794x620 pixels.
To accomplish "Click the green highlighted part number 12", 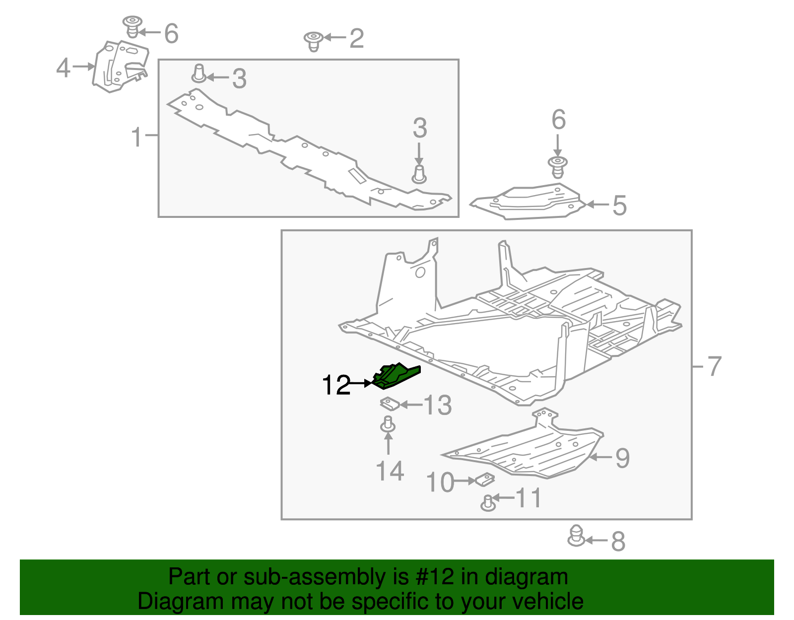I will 396,376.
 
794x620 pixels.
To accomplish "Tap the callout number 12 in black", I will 336,385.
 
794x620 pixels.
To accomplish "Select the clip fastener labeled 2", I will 313,41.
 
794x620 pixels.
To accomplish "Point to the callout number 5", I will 619,205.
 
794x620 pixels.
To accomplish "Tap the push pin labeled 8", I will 576,536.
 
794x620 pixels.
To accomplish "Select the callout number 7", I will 714,366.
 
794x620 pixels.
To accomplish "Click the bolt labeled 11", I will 488,503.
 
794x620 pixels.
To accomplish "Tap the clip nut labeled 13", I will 390,404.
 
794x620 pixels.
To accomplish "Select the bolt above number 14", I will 388,425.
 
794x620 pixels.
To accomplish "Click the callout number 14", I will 390,471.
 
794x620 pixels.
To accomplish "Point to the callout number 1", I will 137,137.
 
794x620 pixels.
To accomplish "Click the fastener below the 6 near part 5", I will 558,167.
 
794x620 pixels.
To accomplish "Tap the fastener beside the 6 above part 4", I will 132,26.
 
